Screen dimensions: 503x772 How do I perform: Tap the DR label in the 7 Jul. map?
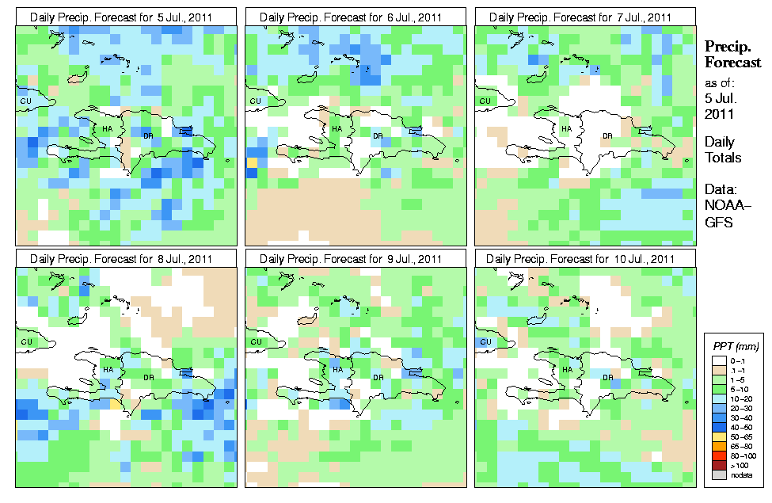pyautogui.click(x=607, y=135)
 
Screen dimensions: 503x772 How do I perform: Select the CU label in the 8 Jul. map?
pyautogui.click(x=25, y=341)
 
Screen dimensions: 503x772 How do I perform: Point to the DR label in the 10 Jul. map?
pyautogui.click(x=607, y=377)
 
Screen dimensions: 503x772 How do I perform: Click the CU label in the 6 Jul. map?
pyautogui.click(x=255, y=101)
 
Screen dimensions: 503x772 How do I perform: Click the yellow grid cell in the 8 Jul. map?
pyautogui.click(x=116, y=403)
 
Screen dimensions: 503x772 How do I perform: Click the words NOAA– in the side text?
pyautogui.click(x=724, y=205)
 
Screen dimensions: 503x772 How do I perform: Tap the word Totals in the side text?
pyautogui.click(x=723, y=158)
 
